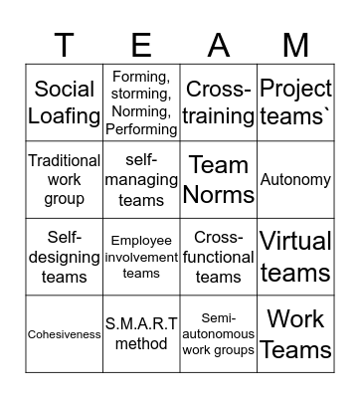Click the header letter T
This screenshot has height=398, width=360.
65,45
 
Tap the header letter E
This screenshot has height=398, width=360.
142,45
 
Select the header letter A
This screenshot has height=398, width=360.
219,45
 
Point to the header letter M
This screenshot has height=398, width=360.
295,45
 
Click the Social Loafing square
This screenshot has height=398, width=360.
65,101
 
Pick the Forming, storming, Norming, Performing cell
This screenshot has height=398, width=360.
142,101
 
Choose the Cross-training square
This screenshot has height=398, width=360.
219,101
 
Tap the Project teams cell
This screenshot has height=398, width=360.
295,101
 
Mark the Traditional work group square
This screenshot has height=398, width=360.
65,179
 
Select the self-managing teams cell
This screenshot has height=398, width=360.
142,179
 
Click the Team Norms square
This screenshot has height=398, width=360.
219,179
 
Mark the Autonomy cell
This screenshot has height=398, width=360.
295,179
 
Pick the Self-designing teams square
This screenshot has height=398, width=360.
65,257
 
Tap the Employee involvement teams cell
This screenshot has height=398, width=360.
142,257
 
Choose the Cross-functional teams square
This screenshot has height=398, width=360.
219,257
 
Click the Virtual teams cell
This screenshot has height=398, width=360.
295,257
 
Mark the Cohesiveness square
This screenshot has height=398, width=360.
65,334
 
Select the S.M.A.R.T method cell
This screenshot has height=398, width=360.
142,334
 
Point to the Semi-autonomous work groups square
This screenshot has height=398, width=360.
219,334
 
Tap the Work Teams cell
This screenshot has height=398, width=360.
295,334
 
